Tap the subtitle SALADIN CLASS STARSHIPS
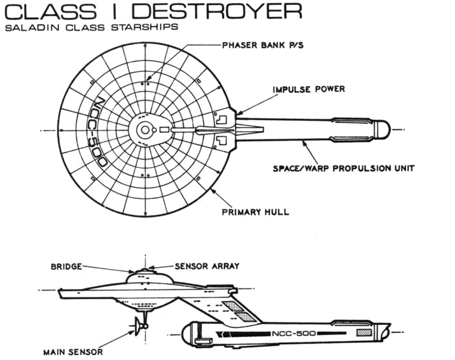click(90, 29)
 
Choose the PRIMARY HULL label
click(255, 211)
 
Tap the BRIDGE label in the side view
click(66, 267)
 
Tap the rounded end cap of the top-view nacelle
click(382, 130)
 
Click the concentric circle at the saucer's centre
click(146, 130)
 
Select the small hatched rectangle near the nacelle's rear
click(363, 332)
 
